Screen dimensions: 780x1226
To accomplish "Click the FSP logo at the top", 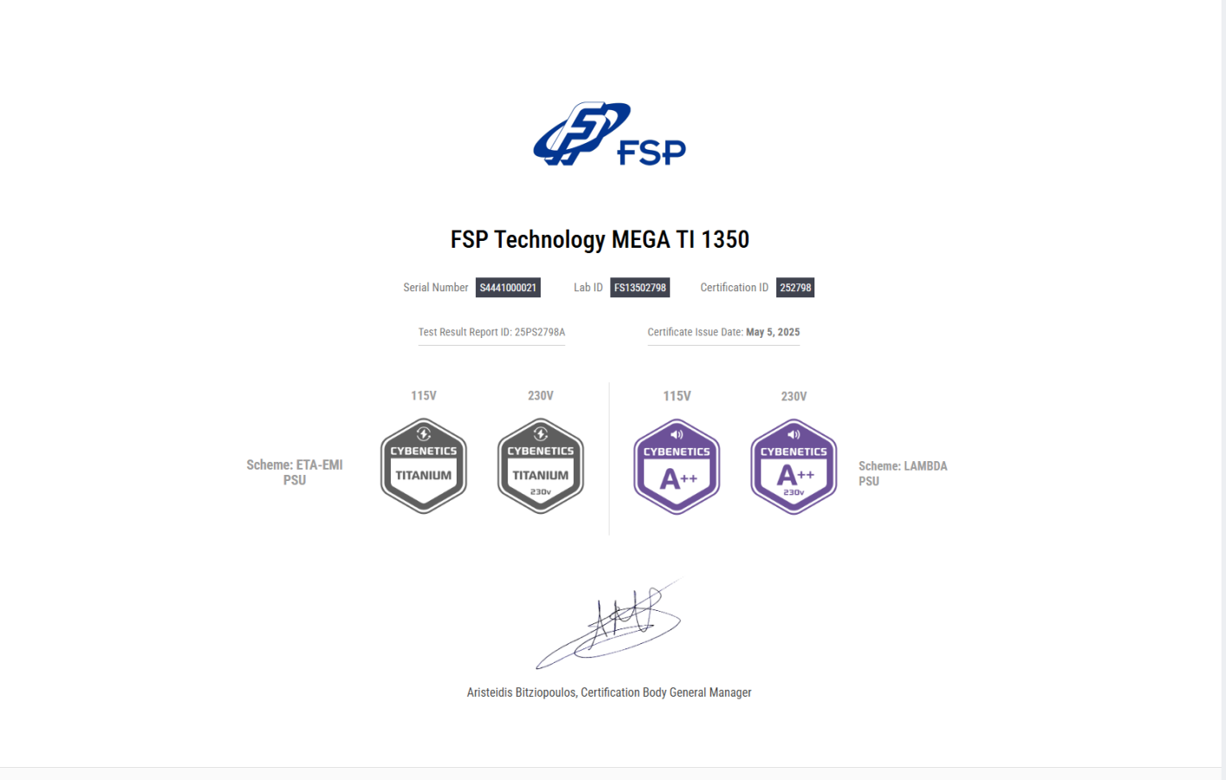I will pos(608,134).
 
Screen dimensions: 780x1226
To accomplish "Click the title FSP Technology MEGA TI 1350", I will pos(600,239).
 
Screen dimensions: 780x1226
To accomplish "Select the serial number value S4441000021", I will pos(508,288).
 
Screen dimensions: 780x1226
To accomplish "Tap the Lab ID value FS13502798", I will pos(639,288).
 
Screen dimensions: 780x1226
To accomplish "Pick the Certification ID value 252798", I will pos(795,288).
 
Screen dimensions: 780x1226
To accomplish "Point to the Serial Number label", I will pos(435,288).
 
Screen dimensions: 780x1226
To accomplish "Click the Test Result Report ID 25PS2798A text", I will pos(491,332).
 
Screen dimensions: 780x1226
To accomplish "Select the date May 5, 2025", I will pos(772,332).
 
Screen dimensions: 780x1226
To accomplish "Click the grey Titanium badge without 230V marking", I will pos(424,466).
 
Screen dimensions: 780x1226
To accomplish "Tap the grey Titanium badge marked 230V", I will pos(541,466).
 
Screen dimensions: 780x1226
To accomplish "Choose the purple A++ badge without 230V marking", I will pos(677,467).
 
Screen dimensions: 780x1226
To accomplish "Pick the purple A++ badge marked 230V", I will pos(794,467).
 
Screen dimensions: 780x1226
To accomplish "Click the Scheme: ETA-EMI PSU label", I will pos(295,472).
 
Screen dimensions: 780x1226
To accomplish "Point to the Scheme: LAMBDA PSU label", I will pos(902,473).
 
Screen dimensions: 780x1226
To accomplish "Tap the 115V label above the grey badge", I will pos(424,396).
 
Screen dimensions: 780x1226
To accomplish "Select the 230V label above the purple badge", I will pos(794,396).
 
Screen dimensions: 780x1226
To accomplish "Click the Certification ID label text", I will pos(734,288).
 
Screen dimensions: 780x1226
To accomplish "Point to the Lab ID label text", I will pos(587,288).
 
